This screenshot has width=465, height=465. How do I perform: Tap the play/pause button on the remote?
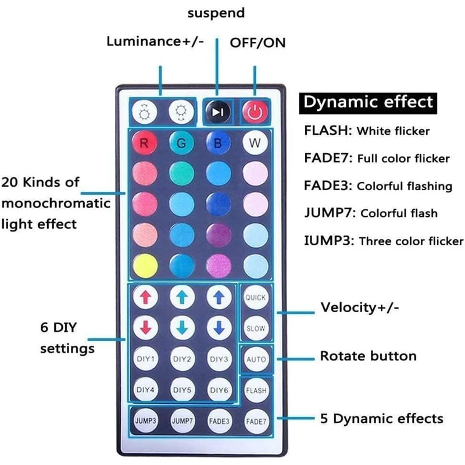point(217,112)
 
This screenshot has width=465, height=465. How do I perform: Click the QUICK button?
point(255,298)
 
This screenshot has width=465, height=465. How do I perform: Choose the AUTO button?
point(256,359)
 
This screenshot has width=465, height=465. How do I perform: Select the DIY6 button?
point(219,389)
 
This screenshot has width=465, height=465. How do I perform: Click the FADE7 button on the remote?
point(256,420)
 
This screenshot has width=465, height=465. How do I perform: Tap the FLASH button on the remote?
point(256,390)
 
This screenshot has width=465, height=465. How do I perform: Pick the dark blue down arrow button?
point(219,328)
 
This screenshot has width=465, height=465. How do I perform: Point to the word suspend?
point(216,12)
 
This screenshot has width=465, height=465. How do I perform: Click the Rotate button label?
point(368,356)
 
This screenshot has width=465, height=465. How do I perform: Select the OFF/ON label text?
point(258,42)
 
